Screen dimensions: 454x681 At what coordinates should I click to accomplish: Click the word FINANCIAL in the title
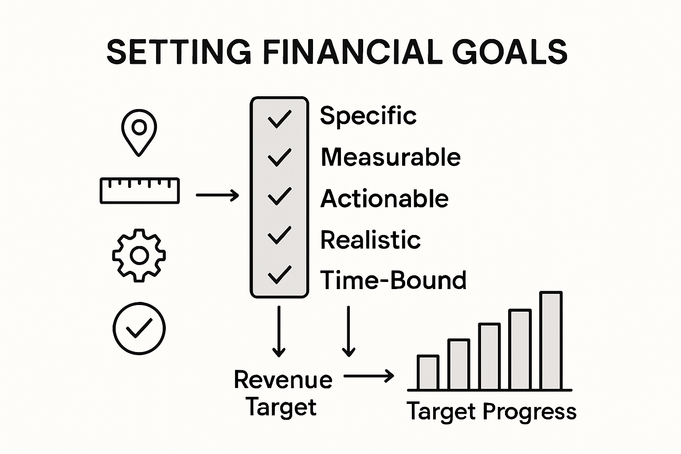click(x=352, y=52)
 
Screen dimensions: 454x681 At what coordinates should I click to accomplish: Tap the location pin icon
click(x=139, y=132)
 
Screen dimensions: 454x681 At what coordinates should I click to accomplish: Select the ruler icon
click(x=140, y=191)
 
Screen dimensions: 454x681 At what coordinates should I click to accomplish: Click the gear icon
click(x=139, y=255)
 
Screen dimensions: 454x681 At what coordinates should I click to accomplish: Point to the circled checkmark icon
click(x=139, y=328)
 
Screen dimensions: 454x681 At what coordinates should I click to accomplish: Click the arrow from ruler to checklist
click(x=217, y=195)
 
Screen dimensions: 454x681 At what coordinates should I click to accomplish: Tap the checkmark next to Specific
click(x=279, y=118)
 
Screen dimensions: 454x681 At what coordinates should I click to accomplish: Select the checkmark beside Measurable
click(x=279, y=157)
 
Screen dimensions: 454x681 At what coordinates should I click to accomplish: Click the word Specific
click(x=368, y=116)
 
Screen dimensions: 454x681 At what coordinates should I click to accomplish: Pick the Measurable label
click(x=391, y=157)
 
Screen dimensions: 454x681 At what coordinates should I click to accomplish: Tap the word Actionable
click(x=384, y=199)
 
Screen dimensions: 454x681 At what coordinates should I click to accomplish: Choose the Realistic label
click(x=370, y=240)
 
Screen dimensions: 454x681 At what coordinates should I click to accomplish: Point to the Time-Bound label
click(x=393, y=281)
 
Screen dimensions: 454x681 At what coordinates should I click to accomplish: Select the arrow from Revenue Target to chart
click(x=369, y=376)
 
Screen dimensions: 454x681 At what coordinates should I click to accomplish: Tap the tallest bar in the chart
click(x=551, y=340)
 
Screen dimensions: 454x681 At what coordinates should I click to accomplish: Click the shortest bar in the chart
click(x=428, y=372)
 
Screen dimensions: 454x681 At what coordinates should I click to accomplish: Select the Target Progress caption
click(x=491, y=411)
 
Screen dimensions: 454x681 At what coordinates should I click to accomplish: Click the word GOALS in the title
click(x=509, y=52)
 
